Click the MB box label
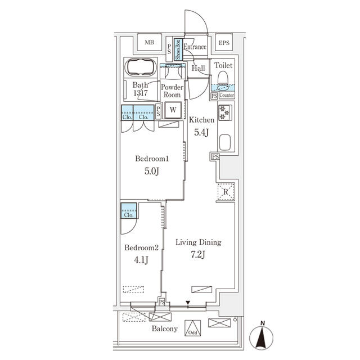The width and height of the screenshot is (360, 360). pos(149,43)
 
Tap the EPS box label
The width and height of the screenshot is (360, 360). pos(224,43)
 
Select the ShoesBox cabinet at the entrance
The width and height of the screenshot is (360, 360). pos(177,49)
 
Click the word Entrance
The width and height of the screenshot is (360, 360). pos(195,47)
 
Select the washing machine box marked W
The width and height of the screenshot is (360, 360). pos(173,110)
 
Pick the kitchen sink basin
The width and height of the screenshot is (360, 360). pos(225,142)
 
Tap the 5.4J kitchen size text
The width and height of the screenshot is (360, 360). pos(201,132)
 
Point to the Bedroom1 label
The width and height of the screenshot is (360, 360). pos(152,159)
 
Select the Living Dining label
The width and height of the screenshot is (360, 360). pos(199,242)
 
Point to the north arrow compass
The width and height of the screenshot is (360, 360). pos(261,337)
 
